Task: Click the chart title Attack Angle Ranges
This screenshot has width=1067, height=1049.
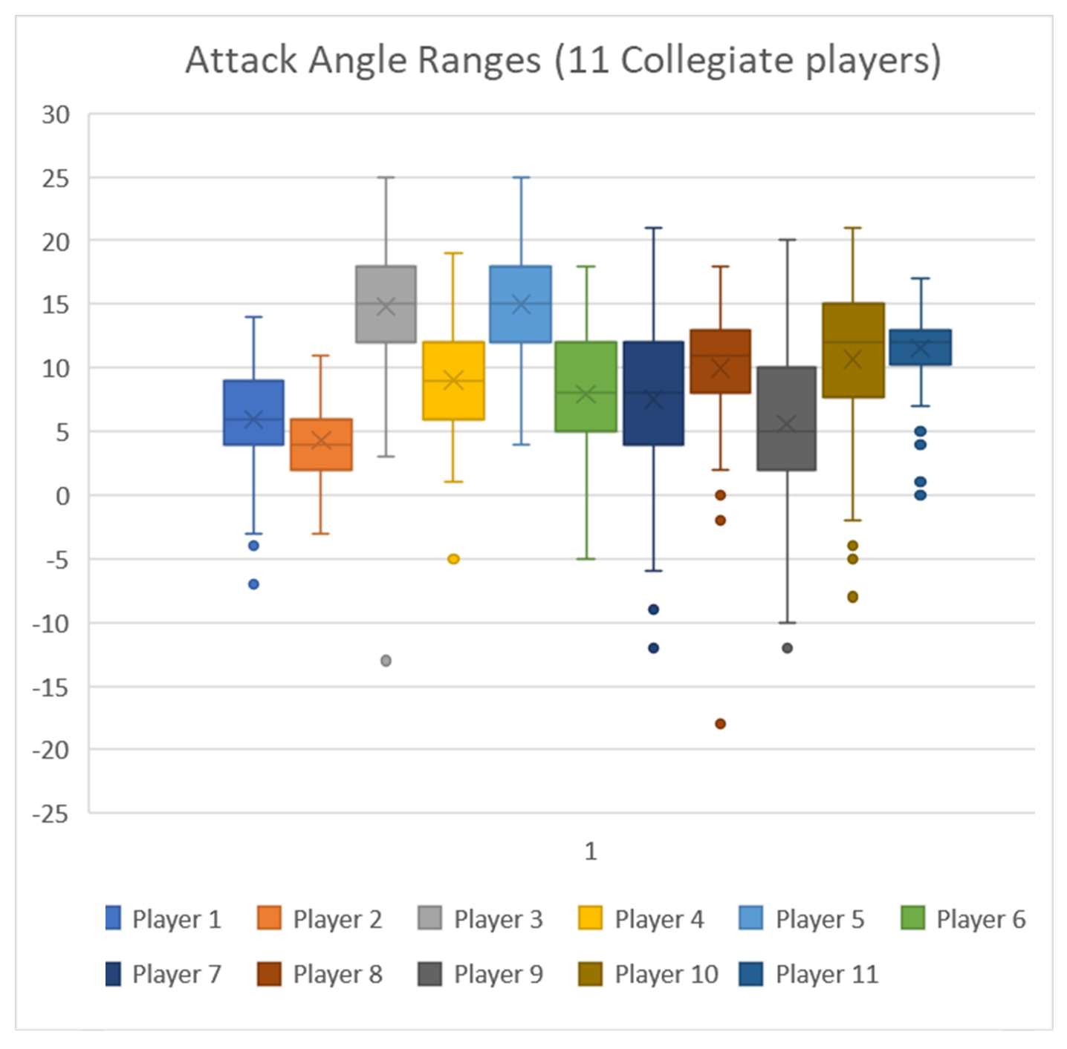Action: (x=563, y=60)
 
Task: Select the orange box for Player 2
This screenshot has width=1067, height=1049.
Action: (x=321, y=445)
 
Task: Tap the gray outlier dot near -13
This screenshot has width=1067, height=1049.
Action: (x=386, y=661)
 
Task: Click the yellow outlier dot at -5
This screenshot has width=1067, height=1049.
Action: (x=453, y=559)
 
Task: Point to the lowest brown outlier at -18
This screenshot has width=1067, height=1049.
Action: (x=720, y=724)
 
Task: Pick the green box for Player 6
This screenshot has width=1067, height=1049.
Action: (x=586, y=387)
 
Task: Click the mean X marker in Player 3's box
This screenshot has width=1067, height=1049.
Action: (x=386, y=306)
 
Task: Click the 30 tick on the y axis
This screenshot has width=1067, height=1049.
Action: (x=56, y=115)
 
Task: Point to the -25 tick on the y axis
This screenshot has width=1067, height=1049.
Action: (x=51, y=814)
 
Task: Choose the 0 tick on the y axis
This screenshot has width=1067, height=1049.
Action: (x=62, y=496)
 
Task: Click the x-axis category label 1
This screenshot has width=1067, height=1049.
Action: (x=590, y=851)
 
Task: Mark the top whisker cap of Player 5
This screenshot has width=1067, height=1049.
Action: (x=521, y=177)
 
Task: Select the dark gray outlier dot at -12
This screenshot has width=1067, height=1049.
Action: (x=787, y=648)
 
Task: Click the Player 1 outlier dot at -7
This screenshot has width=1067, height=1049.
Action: (x=253, y=584)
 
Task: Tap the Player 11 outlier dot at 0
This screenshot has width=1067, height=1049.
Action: (x=920, y=495)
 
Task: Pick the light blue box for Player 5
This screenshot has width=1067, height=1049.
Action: (x=521, y=304)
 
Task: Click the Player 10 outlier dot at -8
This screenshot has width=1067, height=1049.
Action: (x=853, y=597)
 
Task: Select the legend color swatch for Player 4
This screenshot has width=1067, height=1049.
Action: (x=590, y=918)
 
